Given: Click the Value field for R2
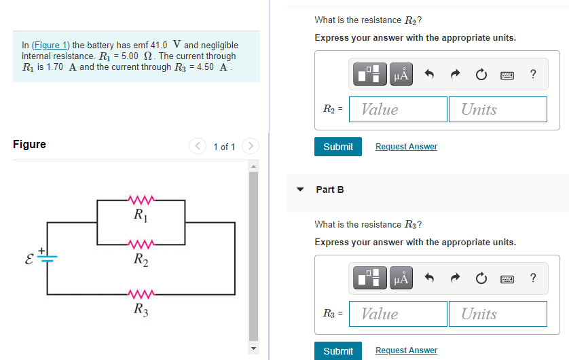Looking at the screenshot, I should click(x=398, y=109).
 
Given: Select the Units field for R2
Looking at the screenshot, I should click(x=497, y=109).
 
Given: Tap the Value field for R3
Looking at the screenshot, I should click(x=398, y=314).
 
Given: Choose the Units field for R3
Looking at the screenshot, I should click(x=497, y=314).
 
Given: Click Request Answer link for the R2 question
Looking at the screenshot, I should click(x=406, y=147).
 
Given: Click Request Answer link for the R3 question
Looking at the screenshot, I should click(x=406, y=350).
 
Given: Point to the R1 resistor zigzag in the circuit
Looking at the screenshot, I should click(x=142, y=200).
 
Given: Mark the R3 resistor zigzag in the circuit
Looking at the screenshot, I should click(x=142, y=294).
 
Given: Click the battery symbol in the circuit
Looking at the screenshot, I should click(x=48, y=256).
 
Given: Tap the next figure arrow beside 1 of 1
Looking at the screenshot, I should click(x=251, y=146).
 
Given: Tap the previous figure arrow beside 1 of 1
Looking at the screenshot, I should click(x=198, y=146).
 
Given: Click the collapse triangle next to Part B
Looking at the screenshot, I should click(x=300, y=190).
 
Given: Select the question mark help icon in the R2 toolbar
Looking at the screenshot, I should click(x=532, y=75).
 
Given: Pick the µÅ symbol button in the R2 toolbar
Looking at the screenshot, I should click(x=401, y=75).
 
